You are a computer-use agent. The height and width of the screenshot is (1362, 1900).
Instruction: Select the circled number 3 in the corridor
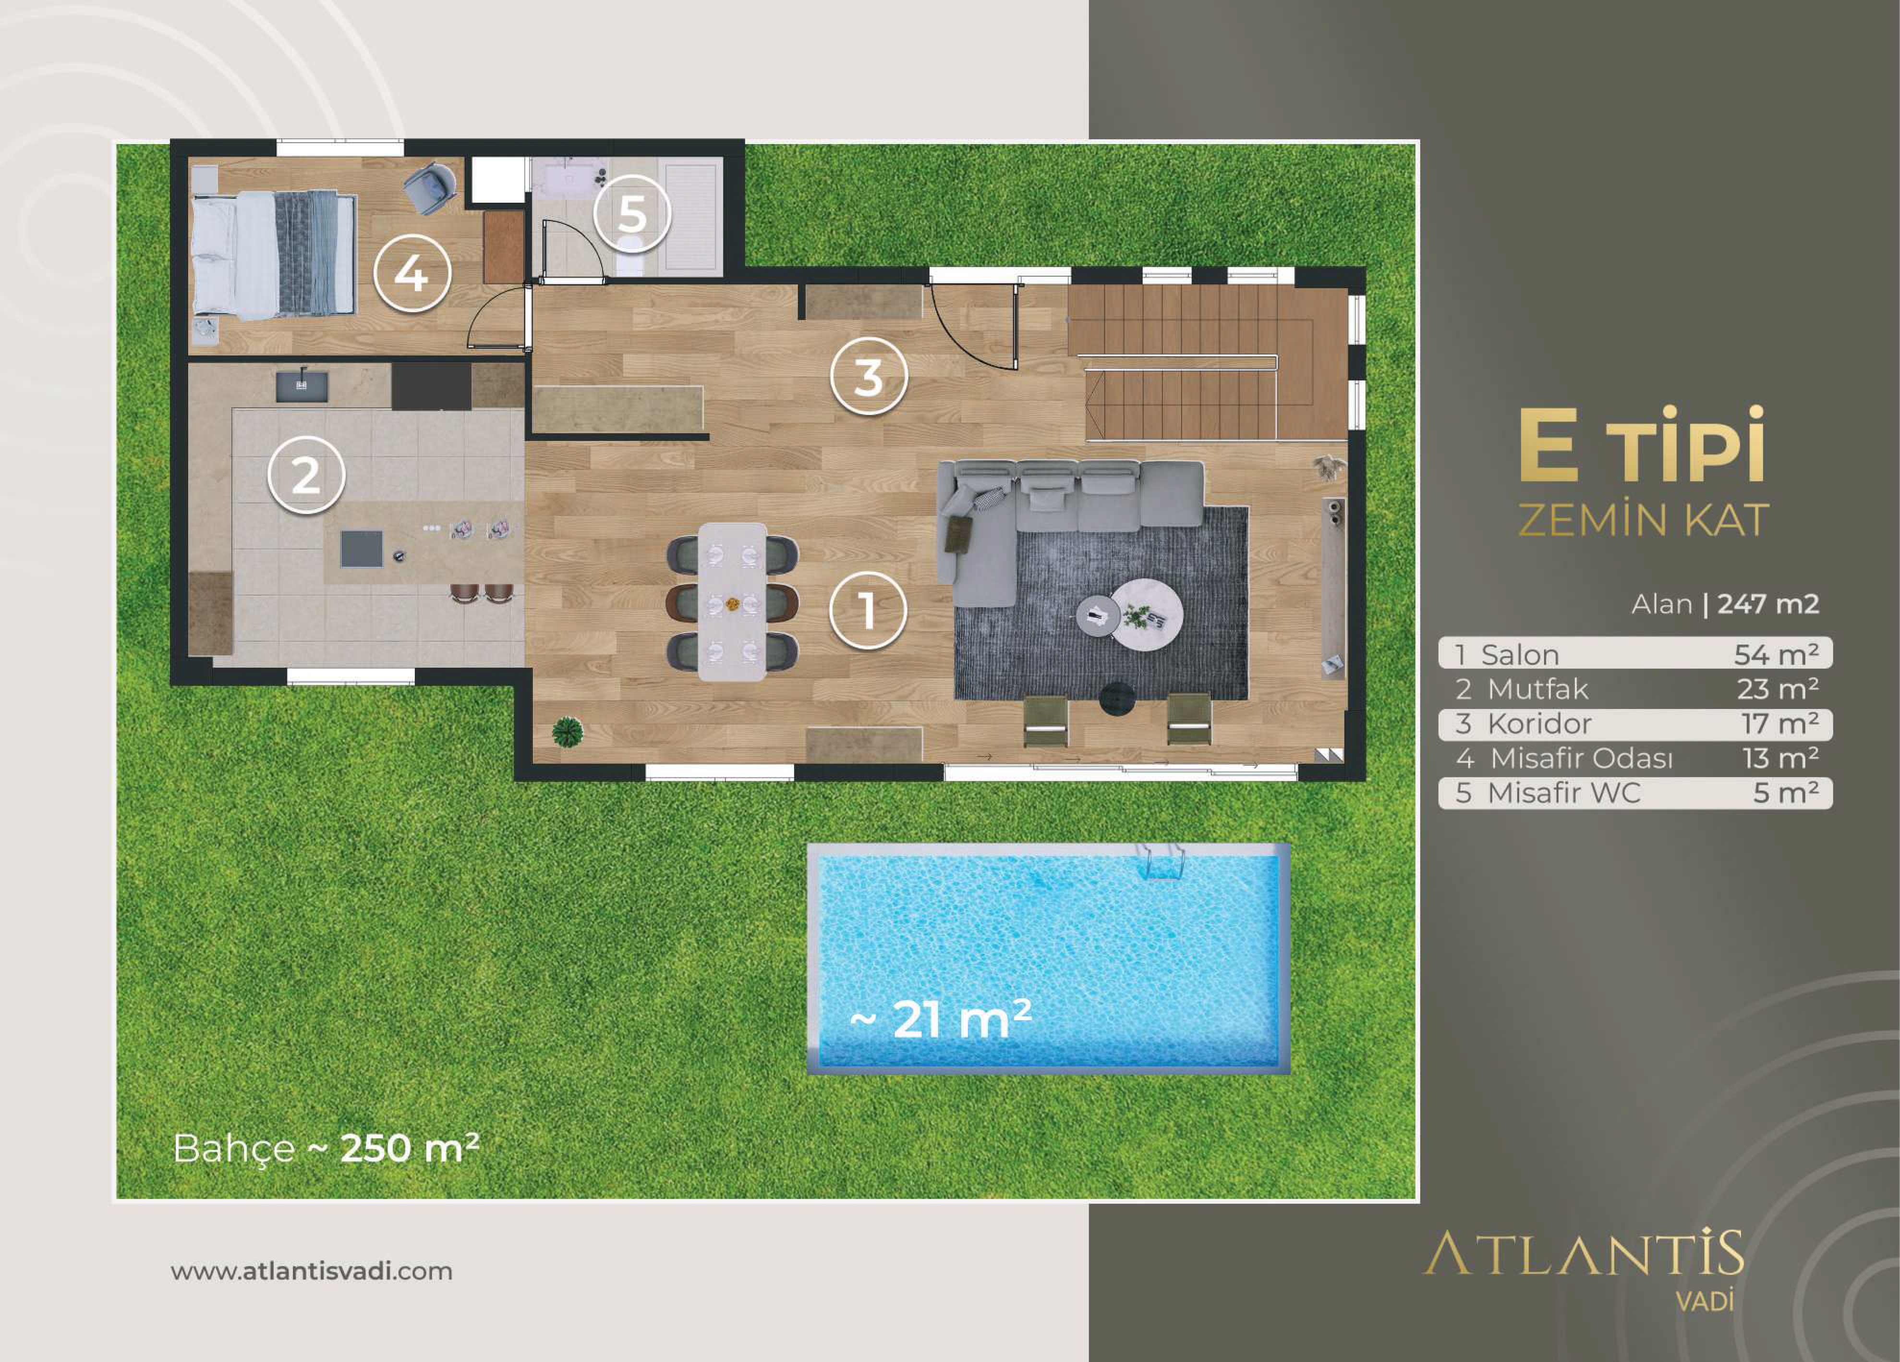[869, 376]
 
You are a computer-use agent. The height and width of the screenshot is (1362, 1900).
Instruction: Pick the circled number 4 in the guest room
[411, 272]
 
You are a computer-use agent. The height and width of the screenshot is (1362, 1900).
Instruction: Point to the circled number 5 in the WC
[632, 214]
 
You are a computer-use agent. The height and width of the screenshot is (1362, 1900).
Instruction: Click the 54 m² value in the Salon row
[1776, 655]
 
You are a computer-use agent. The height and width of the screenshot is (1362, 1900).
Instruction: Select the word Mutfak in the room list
[1537, 689]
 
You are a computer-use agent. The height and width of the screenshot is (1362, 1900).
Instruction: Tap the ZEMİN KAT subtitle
[1644, 520]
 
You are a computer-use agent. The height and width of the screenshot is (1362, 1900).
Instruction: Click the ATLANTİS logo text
[1584, 1254]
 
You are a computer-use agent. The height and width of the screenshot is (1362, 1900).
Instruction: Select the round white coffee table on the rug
[1147, 614]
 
